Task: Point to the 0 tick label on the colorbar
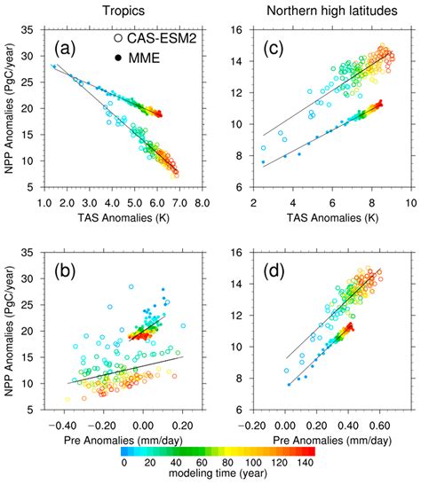pyautogui.click(x=123, y=464)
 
